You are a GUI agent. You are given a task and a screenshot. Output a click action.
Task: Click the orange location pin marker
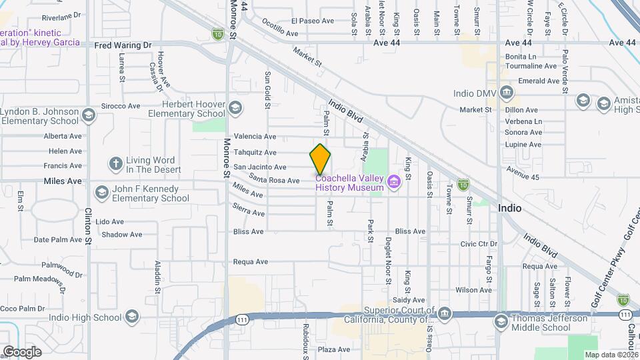point(320,159)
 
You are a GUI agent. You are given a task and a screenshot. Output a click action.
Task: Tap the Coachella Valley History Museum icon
point(394,181)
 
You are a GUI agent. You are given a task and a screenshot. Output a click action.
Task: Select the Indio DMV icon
point(506,92)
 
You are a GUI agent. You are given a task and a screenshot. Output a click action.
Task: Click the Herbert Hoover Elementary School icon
point(235,107)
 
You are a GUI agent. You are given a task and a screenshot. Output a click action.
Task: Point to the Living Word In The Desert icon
point(116,163)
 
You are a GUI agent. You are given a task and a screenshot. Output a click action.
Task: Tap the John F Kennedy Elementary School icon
point(102,192)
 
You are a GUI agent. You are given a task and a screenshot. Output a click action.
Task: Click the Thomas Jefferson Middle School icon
point(500,322)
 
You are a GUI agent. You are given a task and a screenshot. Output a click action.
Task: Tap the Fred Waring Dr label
point(123,45)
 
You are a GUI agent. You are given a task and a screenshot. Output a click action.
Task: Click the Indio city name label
point(509,208)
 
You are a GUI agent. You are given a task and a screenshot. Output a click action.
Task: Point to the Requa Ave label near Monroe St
point(250,263)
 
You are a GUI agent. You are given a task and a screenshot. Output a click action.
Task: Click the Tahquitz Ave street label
point(250,152)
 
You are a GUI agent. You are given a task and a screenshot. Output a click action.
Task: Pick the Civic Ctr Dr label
point(479,244)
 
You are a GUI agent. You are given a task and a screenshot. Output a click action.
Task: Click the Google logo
point(22,351)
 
